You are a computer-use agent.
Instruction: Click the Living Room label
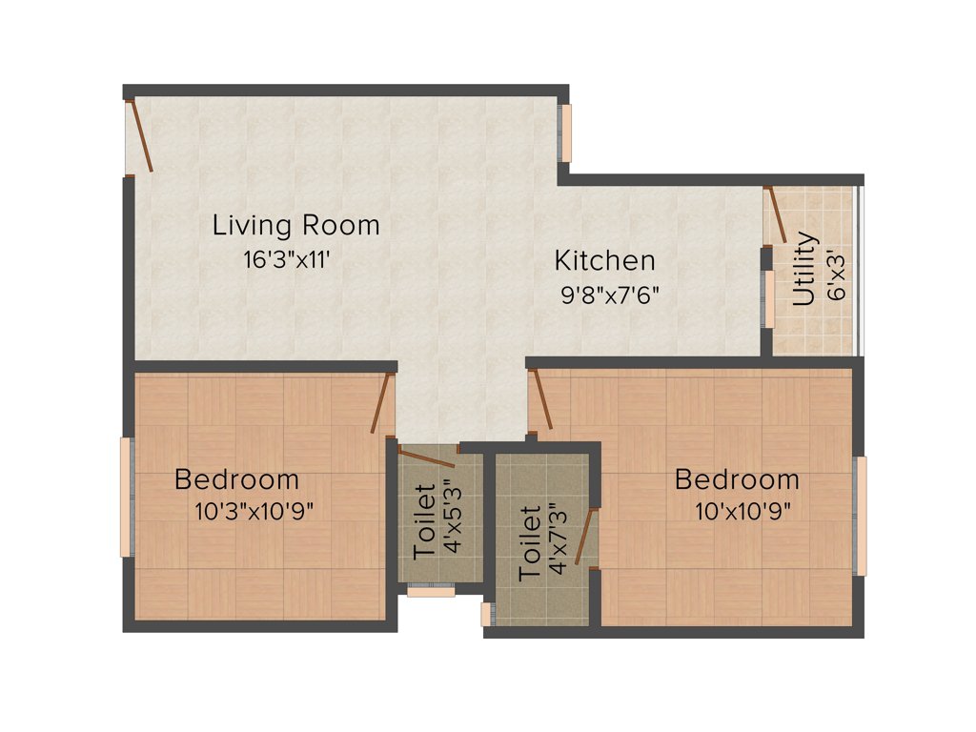[x=295, y=226]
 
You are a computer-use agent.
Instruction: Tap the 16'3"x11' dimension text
[x=287, y=259]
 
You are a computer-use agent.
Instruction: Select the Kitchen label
[x=605, y=260]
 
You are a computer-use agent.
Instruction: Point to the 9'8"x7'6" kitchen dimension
[x=610, y=295]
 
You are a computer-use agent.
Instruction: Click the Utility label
[x=804, y=269]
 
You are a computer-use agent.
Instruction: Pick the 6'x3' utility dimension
[x=837, y=277]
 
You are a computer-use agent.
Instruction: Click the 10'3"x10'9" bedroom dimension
[x=254, y=511]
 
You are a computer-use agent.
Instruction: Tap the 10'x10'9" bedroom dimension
[x=742, y=511]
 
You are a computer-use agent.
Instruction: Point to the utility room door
[x=776, y=214]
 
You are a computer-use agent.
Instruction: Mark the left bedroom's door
[x=382, y=403]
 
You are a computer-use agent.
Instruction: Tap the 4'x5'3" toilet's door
[x=426, y=456]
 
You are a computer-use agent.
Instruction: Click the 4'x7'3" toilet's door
[x=584, y=537]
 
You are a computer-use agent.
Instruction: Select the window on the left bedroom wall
[x=125, y=497]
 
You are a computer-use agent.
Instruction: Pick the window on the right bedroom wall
[x=861, y=516]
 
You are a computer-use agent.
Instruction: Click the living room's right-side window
[x=565, y=132]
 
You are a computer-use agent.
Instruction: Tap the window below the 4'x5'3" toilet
[x=431, y=591]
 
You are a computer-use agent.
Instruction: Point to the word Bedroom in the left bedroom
[x=236, y=479]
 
